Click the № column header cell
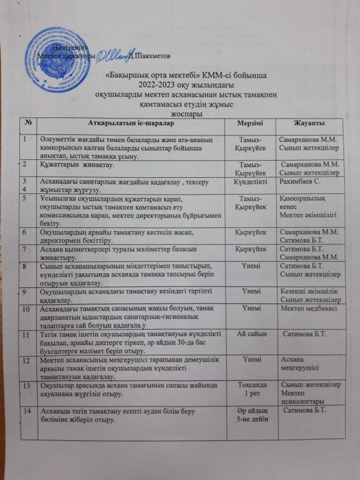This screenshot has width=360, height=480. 28,123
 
